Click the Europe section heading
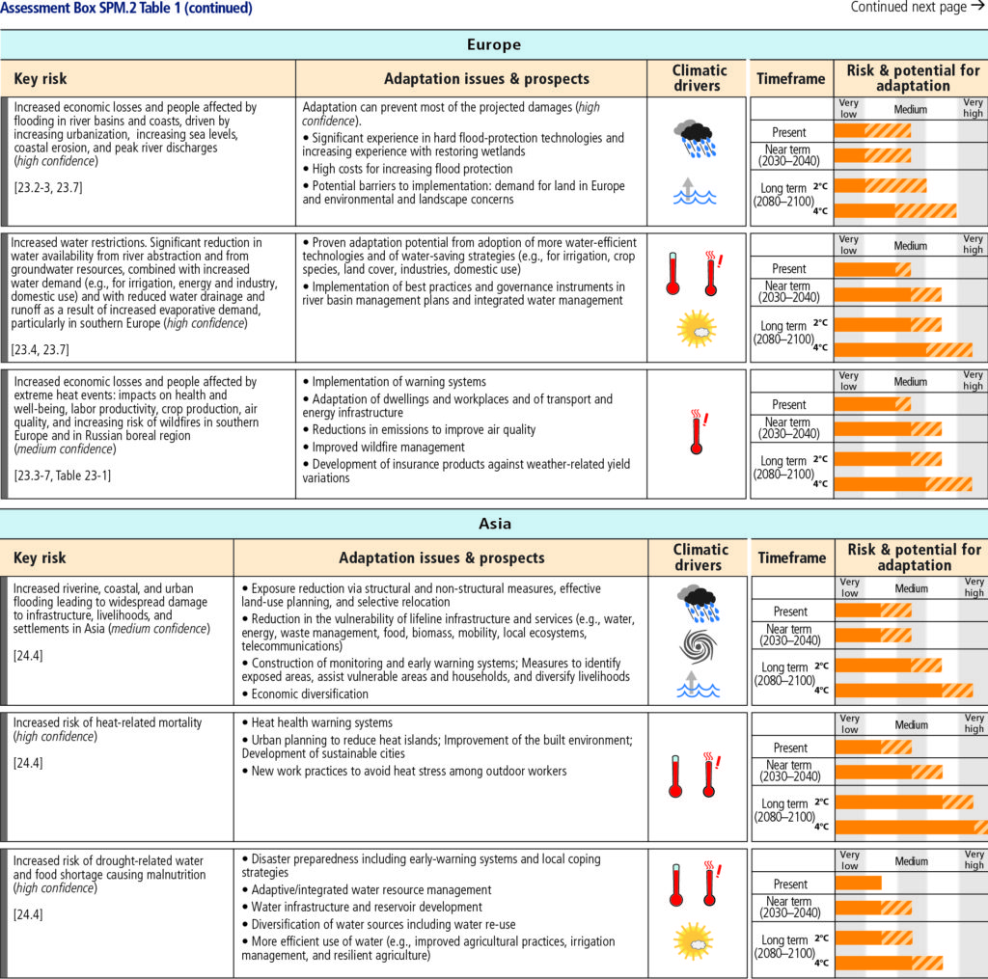click(x=494, y=44)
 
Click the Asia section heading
click(x=495, y=524)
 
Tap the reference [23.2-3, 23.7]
click(x=48, y=188)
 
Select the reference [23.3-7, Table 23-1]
click(x=63, y=476)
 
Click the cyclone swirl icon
click(x=699, y=646)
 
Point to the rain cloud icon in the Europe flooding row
click(x=695, y=138)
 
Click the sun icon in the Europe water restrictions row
click(x=697, y=329)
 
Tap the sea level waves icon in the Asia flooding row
click(x=698, y=685)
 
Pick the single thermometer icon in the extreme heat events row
click(x=698, y=432)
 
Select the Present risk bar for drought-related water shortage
click(x=858, y=884)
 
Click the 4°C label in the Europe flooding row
click(x=820, y=211)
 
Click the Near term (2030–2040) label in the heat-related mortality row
click(x=789, y=771)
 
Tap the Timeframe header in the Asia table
click(x=792, y=557)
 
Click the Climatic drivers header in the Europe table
click(x=699, y=78)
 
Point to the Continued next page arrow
click(x=978, y=7)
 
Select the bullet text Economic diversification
click(x=310, y=693)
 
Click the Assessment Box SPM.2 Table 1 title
click(x=126, y=8)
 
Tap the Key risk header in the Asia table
click(x=41, y=557)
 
